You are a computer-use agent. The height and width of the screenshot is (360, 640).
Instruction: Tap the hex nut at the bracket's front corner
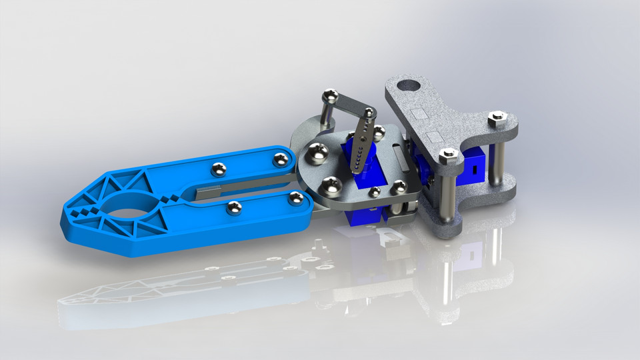449,156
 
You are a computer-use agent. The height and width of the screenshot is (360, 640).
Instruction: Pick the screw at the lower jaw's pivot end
294,198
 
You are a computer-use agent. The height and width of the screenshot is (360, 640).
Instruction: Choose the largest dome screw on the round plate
316,155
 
